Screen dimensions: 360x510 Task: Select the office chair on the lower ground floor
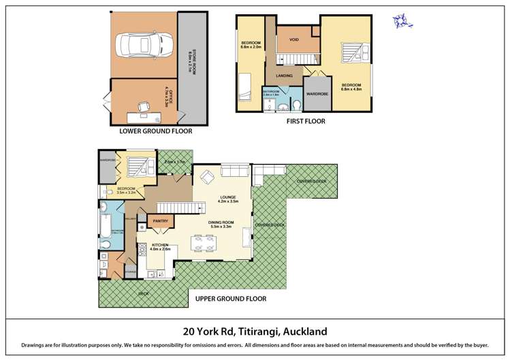pyautogui.click(x=144, y=105)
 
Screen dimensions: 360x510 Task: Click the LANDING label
pyautogui.click(x=294, y=76)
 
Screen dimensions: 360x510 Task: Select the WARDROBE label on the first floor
pyautogui.click(x=318, y=93)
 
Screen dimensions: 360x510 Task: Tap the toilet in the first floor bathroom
pyautogui.click(x=298, y=105)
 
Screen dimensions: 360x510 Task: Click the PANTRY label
pyautogui.click(x=161, y=221)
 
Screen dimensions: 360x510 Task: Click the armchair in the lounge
pyautogui.click(x=207, y=177)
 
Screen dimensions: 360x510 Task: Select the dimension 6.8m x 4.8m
pyautogui.click(x=351, y=90)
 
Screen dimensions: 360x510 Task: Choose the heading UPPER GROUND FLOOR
pyautogui.click(x=230, y=298)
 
